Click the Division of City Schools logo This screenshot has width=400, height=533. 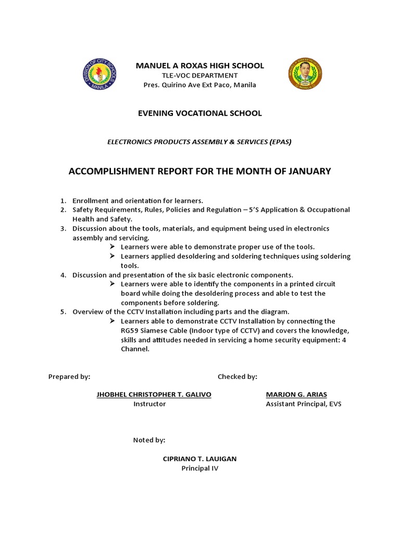100,75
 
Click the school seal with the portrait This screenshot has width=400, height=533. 305,75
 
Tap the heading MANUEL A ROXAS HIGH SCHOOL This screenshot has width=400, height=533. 200,66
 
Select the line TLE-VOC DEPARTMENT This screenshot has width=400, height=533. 200,75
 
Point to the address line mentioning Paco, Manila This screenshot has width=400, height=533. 200,85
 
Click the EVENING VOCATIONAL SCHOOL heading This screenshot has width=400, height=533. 200,113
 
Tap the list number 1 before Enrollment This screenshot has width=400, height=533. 62,200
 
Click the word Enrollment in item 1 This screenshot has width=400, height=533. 91,200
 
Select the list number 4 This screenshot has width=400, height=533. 62,275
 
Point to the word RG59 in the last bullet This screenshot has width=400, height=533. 130,331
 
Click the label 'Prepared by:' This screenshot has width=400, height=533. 69,376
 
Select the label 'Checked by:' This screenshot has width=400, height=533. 237,376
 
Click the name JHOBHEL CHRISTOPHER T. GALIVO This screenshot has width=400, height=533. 154,395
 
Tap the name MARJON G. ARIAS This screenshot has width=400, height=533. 296,395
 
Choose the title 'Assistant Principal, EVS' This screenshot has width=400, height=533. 304,404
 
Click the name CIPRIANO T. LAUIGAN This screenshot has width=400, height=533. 199,459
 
